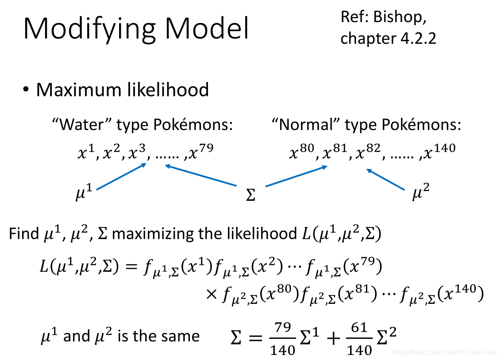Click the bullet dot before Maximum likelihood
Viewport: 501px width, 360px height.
(27, 90)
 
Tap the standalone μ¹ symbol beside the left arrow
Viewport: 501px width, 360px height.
(84, 194)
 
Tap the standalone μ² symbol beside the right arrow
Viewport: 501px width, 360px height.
(420, 194)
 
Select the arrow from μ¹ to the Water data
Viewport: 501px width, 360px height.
(121, 176)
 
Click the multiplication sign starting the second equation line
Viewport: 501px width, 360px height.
(212, 293)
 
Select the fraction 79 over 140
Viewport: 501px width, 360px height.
(282, 339)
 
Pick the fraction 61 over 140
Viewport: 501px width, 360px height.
(359, 339)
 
